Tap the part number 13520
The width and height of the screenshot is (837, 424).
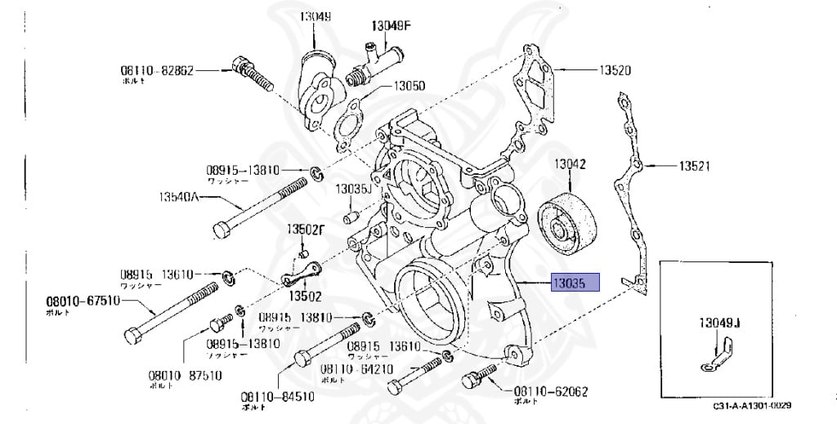pyautogui.click(x=615, y=70)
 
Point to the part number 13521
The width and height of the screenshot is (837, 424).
pyautogui.click(x=694, y=166)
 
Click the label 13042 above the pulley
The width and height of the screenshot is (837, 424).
pyautogui.click(x=571, y=164)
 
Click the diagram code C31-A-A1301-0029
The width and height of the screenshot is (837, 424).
pyautogui.click(x=752, y=405)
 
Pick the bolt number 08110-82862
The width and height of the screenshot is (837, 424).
pyautogui.click(x=157, y=70)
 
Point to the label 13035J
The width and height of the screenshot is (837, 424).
pyautogui.click(x=353, y=190)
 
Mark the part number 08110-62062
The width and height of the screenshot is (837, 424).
pyautogui.click(x=551, y=391)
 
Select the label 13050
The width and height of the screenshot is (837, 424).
pyautogui.click(x=409, y=86)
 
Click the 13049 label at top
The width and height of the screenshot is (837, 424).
pyautogui.click(x=314, y=16)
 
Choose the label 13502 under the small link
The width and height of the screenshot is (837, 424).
pyautogui.click(x=304, y=295)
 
